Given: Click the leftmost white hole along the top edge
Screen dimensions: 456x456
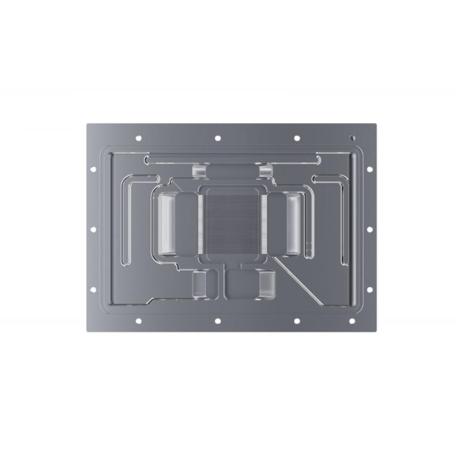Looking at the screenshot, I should tap(138, 138).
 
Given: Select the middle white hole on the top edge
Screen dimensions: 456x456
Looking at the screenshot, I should tap(218, 138).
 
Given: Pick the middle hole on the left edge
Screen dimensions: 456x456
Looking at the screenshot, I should tap(93, 229).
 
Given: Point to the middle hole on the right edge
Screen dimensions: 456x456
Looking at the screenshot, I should tap(370, 229).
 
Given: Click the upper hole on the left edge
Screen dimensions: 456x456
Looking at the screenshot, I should tap(93, 169).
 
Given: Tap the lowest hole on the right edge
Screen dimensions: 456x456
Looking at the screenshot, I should tap(370, 290).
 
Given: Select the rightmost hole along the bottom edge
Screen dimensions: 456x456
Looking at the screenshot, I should tap(352, 321).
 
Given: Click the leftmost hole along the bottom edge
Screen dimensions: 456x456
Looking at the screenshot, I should tap(138, 321).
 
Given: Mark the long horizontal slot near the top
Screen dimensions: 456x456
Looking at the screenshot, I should tap(233, 160).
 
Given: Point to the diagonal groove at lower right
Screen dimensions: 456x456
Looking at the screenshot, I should tap(296, 280).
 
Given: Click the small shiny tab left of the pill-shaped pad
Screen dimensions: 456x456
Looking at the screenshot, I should tap(199, 171).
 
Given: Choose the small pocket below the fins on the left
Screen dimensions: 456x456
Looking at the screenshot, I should tap(200, 285).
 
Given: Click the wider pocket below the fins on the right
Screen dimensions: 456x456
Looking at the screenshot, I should tap(250, 285).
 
